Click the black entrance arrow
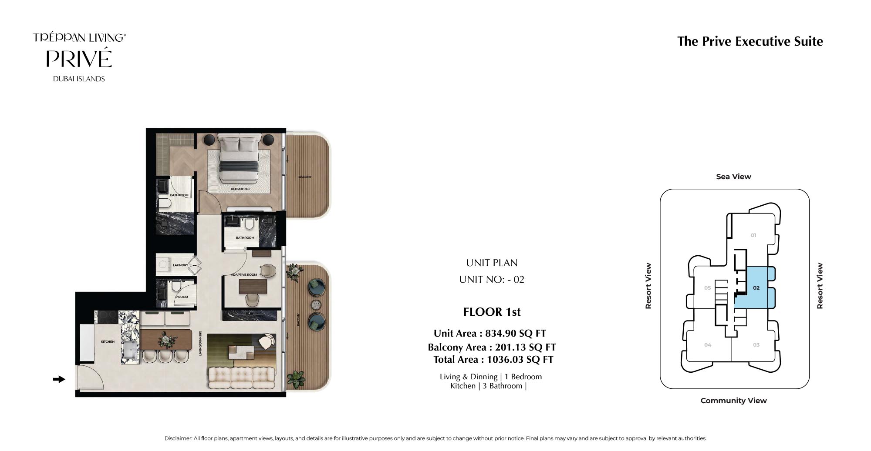coord(59,379)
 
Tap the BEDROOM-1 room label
coord(240,189)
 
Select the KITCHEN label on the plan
coord(108,342)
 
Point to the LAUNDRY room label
coord(180,265)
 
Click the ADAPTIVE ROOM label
coord(244,275)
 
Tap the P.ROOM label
coord(182,297)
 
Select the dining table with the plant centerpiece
coord(166,339)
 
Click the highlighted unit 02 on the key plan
coord(756,288)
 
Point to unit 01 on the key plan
coord(753,235)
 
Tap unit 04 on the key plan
coord(708,345)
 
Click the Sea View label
coord(733,177)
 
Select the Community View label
coord(733,401)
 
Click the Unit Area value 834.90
coord(500,334)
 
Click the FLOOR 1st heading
coord(492,312)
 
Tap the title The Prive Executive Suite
coord(750,41)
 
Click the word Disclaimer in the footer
coord(178,438)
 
